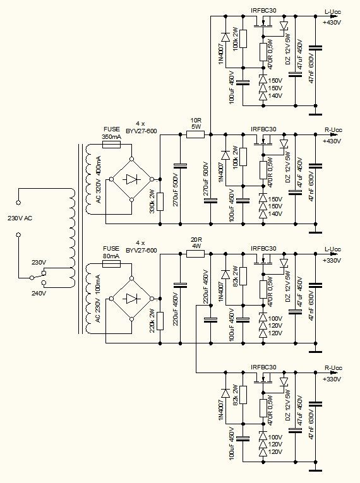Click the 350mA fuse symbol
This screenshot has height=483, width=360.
point(111,145)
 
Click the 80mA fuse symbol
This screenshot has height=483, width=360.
point(111,264)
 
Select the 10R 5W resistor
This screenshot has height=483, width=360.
point(195,134)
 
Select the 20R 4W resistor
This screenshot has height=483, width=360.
point(195,254)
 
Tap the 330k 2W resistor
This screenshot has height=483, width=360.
point(160,202)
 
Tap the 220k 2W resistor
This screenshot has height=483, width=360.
point(160,321)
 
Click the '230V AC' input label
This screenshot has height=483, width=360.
point(20,218)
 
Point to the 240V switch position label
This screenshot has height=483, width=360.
point(39,293)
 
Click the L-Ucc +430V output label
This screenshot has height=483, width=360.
point(332,17)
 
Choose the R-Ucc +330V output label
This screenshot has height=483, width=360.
point(332,374)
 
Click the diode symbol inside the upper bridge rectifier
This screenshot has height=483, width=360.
point(131,179)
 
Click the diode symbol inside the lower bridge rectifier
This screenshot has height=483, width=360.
point(131,299)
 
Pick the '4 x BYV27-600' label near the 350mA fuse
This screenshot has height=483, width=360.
point(141,127)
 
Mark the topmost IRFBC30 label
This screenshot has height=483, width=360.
point(263,11)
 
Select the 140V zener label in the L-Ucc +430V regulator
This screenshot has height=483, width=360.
point(275,96)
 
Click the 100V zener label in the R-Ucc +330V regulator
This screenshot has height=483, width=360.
point(275,438)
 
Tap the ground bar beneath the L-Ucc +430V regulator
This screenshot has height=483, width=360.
point(315,114)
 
